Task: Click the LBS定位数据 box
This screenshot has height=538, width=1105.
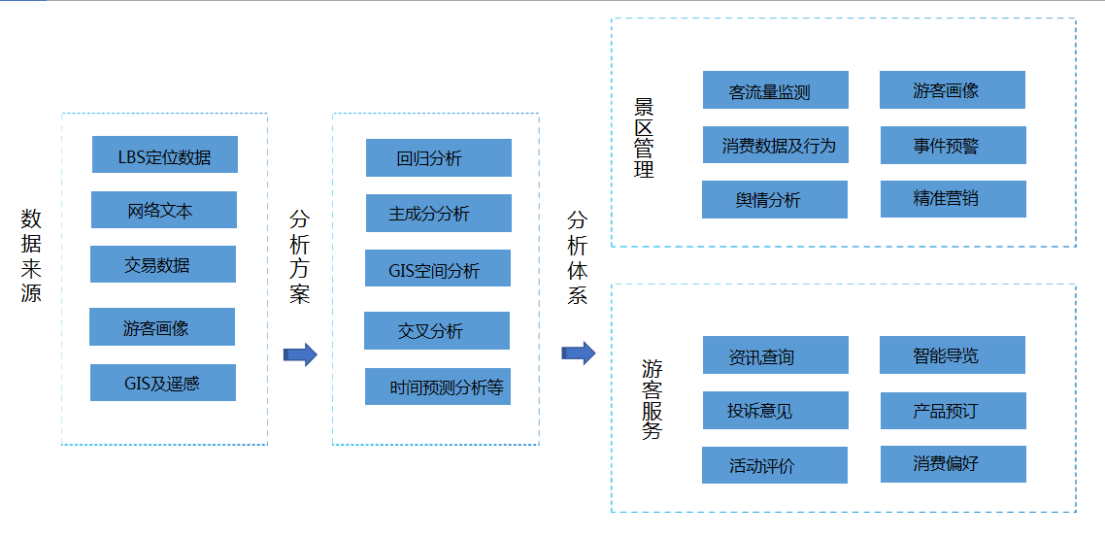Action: (164, 155)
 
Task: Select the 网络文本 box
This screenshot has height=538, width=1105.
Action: (163, 210)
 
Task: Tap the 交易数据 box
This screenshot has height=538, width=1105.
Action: (162, 264)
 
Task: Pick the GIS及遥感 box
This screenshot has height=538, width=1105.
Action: (162, 383)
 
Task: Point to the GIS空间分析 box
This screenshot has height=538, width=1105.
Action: (437, 269)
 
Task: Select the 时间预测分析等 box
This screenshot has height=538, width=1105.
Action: (437, 387)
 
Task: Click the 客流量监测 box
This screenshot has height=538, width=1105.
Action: (775, 90)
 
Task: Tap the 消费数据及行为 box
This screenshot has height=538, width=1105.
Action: (775, 145)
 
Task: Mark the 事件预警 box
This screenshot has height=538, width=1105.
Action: (953, 145)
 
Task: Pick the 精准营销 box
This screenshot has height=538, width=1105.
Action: (953, 199)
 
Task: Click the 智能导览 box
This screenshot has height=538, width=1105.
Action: (953, 355)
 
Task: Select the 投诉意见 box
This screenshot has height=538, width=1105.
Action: (775, 411)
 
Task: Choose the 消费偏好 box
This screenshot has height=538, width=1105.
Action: (953, 464)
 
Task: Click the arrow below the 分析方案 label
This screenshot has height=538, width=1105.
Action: (300, 354)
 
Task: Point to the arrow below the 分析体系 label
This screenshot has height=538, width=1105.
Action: (578, 353)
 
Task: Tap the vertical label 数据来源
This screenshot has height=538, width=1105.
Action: (31, 254)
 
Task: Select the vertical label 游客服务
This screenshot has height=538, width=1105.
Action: (652, 399)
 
